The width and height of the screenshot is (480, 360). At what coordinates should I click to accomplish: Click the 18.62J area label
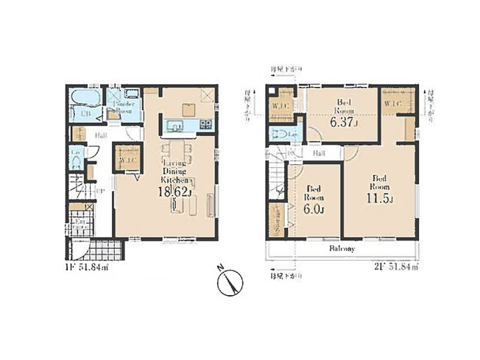[x=176, y=193]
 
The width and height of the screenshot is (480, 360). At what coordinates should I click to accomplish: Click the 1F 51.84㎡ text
[x=87, y=267]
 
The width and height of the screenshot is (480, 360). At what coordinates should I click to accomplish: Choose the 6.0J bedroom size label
[x=314, y=209]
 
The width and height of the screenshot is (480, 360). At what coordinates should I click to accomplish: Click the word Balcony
[x=342, y=249]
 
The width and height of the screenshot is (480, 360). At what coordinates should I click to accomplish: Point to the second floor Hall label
[x=320, y=153]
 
